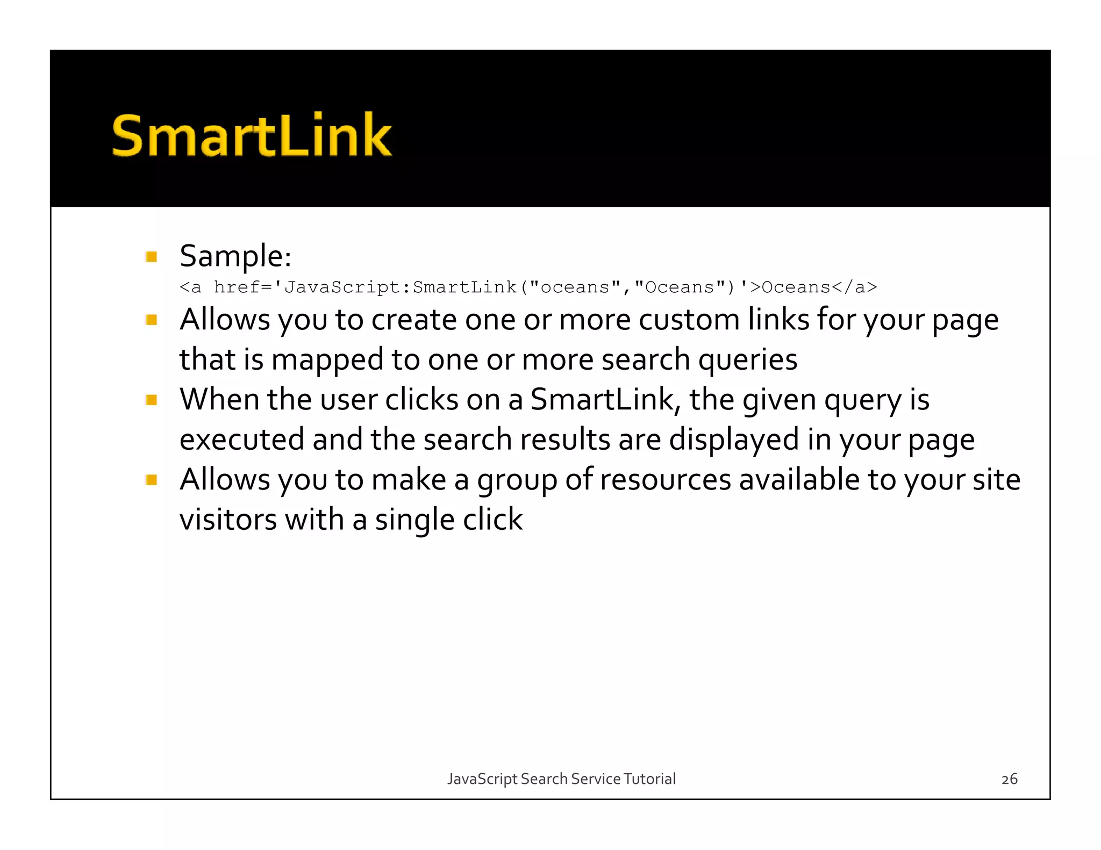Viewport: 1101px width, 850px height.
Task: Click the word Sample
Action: [x=235, y=256]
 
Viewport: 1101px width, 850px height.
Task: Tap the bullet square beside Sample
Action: [x=152, y=257]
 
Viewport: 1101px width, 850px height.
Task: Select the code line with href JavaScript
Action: [x=528, y=287]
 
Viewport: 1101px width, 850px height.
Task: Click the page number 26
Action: [x=1009, y=779]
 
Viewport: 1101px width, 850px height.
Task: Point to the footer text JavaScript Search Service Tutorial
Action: [x=561, y=779]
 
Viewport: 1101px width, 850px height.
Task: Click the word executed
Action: [x=242, y=440]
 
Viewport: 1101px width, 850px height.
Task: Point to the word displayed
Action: [x=734, y=440]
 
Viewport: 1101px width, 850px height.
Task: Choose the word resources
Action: [x=666, y=479]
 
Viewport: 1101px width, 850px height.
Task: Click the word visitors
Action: [x=228, y=520]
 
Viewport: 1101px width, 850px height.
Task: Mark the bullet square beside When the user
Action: [x=152, y=400]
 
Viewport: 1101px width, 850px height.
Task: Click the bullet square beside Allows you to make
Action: [x=152, y=480]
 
